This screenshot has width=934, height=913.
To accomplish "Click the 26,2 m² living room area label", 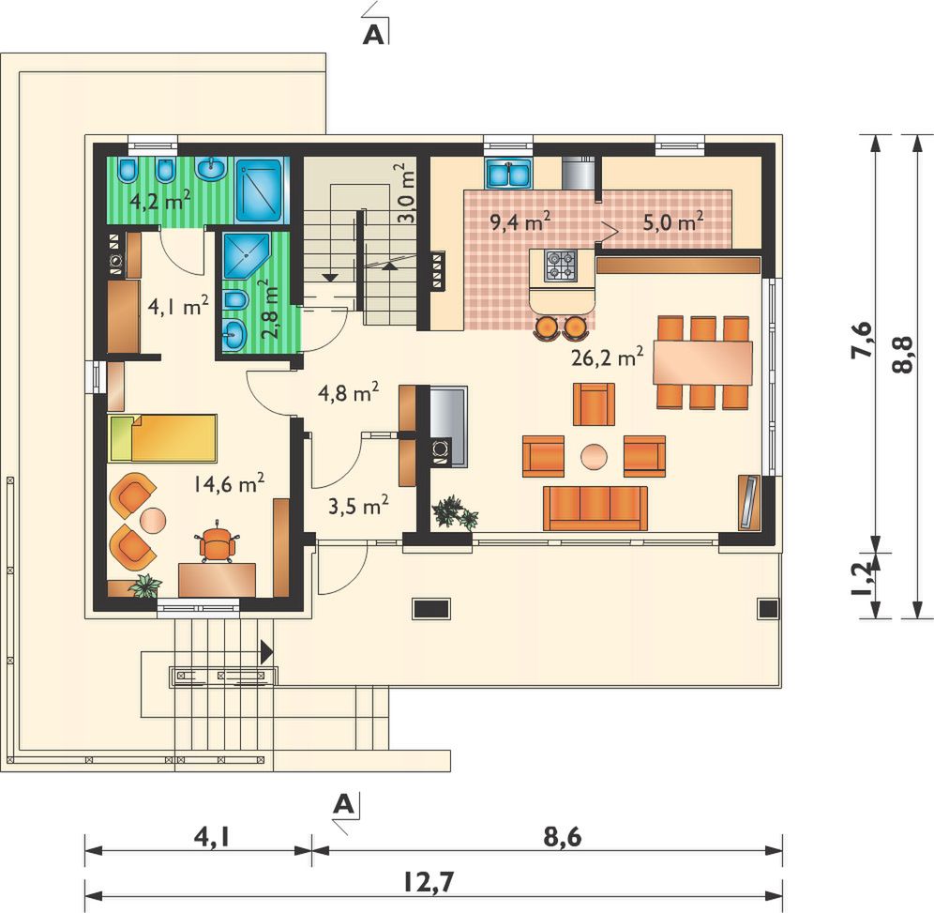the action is click(x=607, y=357).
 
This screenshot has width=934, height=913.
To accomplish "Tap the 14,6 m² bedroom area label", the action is click(x=229, y=483).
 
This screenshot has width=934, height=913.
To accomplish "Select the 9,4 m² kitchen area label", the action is click(x=520, y=221).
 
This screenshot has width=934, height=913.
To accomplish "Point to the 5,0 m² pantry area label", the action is click(x=673, y=221).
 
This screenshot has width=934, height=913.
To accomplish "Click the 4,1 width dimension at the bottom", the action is click(x=211, y=838).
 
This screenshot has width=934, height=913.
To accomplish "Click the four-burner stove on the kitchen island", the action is click(x=561, y=266).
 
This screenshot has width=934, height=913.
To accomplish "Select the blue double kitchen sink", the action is click(x=508, y=174).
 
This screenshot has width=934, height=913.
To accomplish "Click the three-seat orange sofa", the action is click(x=595, y=509).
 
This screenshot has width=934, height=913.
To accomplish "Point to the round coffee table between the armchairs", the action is click(x=595, y=457).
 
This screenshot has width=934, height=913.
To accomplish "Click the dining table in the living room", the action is click(x=702, y=362).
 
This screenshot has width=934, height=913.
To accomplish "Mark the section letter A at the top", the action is click(x=373, y=35).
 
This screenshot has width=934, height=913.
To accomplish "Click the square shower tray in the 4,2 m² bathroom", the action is click(x=259, y=190).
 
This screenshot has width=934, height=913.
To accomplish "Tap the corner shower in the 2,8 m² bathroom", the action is click(x=246, y=255).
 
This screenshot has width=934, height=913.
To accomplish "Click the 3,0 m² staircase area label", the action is click(x=407, y=192).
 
